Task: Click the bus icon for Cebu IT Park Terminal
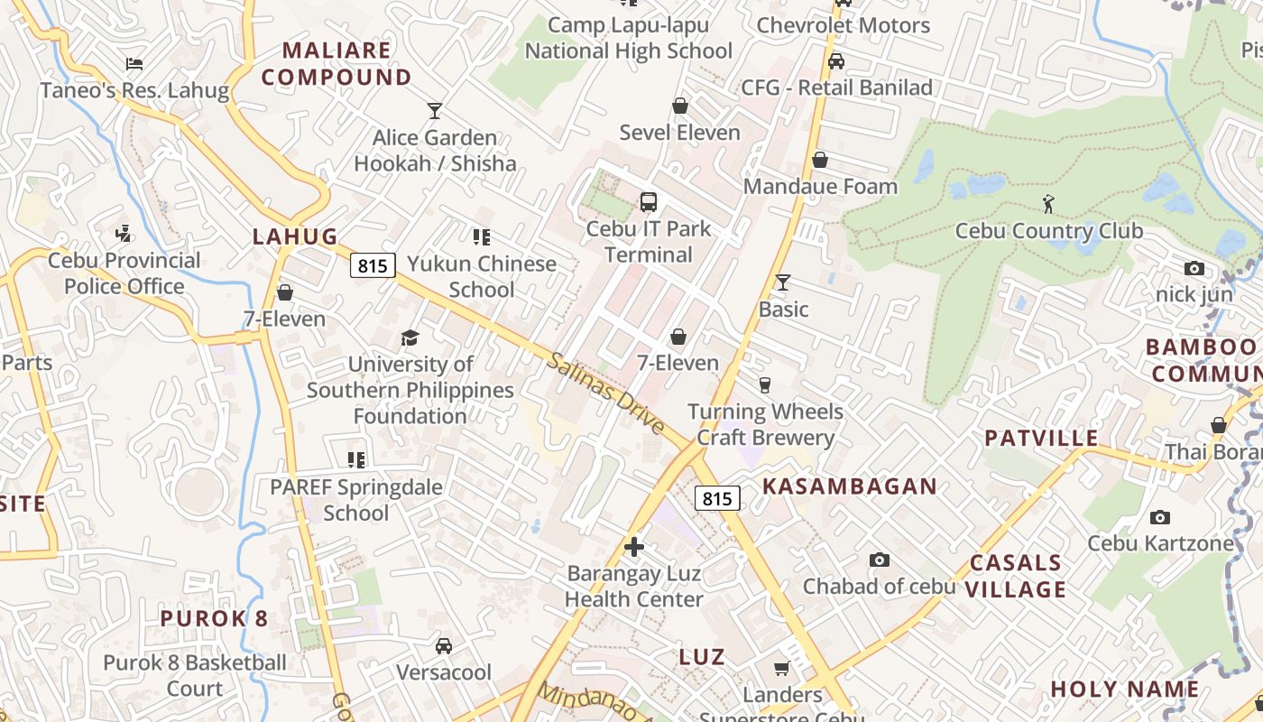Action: pos(648,202)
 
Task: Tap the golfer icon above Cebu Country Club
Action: pos(1048,204)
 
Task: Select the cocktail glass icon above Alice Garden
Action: pos(435,111)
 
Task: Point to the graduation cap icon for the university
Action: pos(410,338)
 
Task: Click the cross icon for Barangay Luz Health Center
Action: pos(634,547)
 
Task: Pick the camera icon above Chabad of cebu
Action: pos(879,560)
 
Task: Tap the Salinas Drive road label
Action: pos(605,393)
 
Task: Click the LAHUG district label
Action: pos(295,236)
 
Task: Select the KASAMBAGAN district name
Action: pos(850,486)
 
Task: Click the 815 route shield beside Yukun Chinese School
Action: pos(373,265)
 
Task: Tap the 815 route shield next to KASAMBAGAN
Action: pos(718,498)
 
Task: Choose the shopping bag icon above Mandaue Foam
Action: pos(820,161)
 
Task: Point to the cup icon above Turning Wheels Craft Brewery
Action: pos(765,385)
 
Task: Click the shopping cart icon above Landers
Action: pos(781,669)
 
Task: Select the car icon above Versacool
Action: pos(444,646)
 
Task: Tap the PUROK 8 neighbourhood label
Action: pos(214,618)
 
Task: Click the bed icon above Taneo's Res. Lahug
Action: pos(134,64)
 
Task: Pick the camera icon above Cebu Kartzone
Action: pos(1160,518)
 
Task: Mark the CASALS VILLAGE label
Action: pos(1016,576)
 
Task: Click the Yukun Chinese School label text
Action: pos(482,276)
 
